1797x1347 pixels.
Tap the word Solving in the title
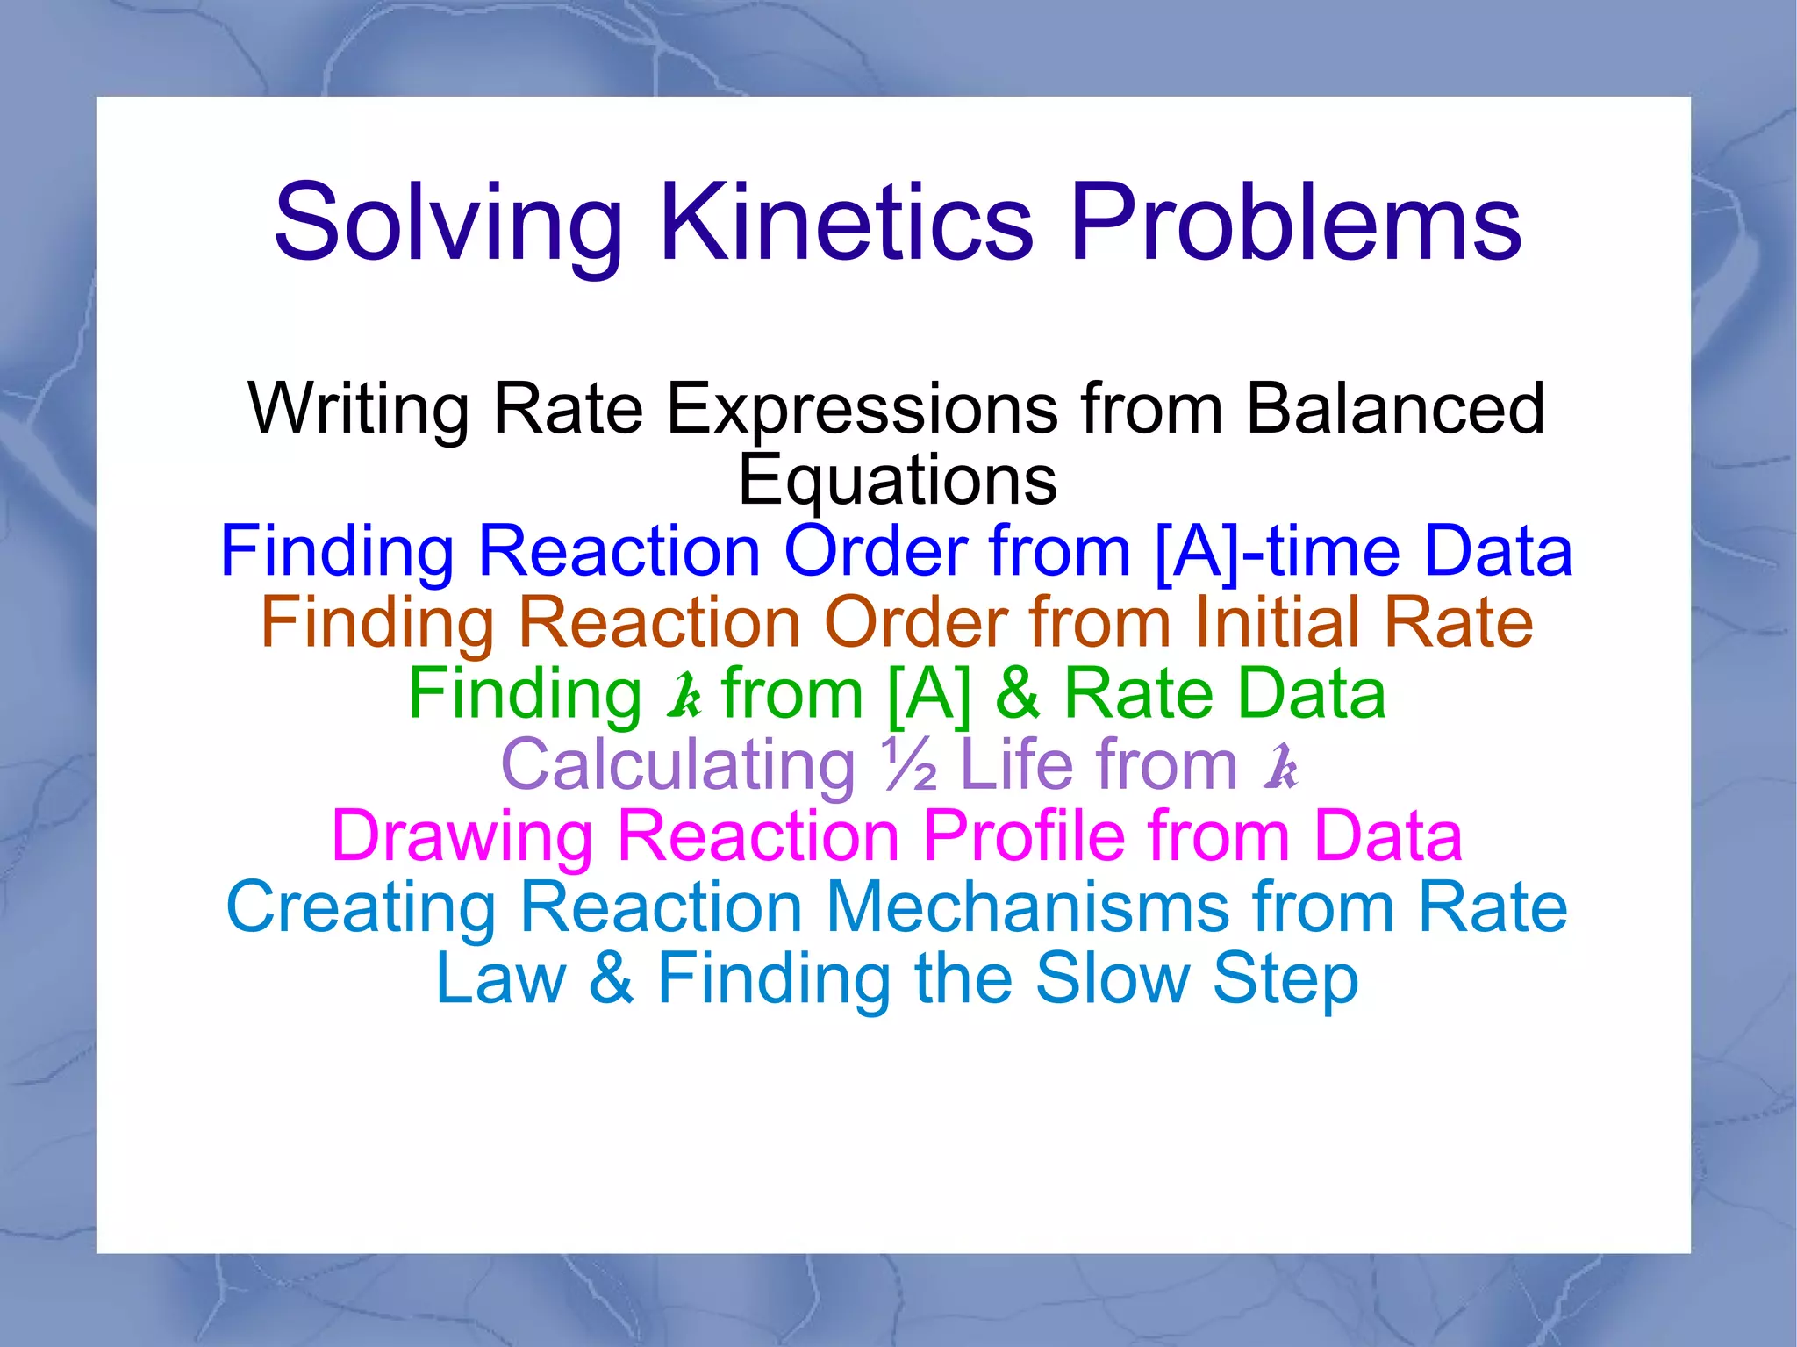coord(448,224)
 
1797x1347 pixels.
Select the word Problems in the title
coord(1296,224)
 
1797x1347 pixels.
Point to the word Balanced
coord(1395,408)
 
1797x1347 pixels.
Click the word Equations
coord(898,481)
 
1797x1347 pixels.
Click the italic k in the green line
coord(684,695)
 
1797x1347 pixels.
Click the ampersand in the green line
coord(1017,694)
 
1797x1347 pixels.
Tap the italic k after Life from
coord(1280,766)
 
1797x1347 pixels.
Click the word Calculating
coord(677,765)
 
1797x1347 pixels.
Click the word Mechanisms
coord(1027,907)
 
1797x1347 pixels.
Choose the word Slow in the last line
coord(1112,978)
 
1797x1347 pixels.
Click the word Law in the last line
coord(501,978)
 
